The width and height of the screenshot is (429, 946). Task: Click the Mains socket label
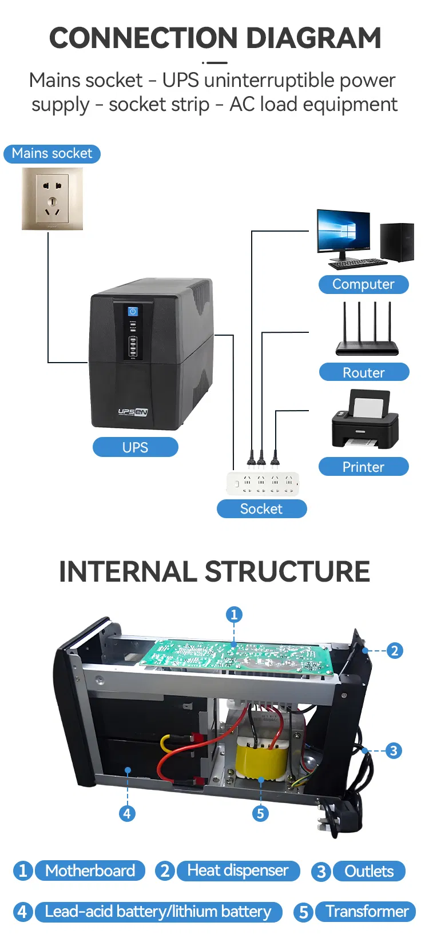52,154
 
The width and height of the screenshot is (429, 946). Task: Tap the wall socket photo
52,198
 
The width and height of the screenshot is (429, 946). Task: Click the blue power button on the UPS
133,311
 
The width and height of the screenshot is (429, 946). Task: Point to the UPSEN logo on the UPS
133,412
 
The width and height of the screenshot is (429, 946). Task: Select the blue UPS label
135,447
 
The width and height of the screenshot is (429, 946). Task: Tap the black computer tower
397,242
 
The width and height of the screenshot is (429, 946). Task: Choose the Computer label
363,284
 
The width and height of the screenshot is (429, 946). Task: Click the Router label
364,372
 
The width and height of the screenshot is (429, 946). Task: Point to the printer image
365,420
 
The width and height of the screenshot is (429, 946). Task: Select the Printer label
363,467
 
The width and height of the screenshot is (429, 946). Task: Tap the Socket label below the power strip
261,508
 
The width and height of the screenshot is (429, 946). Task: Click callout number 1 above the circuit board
234,615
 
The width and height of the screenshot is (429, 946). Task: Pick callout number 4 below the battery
127,813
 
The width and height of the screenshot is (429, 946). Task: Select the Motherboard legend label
90,871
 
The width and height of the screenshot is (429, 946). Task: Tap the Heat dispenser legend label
238,871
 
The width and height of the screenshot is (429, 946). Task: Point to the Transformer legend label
367,911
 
